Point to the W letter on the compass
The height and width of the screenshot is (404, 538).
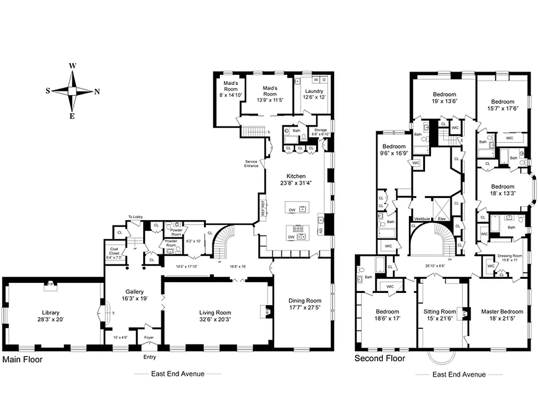[x=73, y=66]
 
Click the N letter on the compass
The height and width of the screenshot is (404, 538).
[x=97, y=91]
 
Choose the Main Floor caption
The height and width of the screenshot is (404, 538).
[x=22, y=360]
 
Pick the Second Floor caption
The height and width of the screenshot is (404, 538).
[x=380, y=359]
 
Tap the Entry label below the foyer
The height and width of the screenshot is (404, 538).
[x=150, y=357]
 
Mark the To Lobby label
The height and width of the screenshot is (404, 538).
[x=135, y=217]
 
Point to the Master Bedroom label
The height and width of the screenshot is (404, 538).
[x=502, y=312]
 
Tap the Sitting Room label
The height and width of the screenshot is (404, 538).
[x=440, y=312]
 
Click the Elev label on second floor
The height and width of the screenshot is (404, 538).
[x=442, y=219]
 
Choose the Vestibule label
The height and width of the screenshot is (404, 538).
[x=422, y=219]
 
